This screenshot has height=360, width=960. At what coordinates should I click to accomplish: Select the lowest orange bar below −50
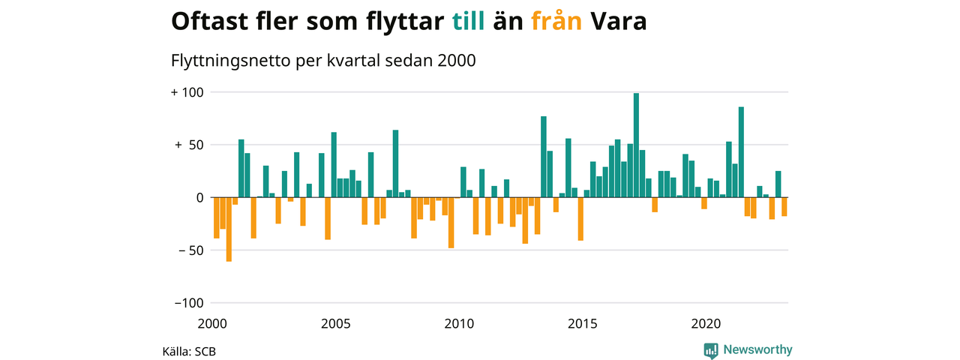(229, 229)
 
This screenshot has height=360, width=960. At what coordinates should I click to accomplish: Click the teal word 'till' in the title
(470, 22)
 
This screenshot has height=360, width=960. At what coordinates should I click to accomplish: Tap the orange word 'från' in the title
(556, 22)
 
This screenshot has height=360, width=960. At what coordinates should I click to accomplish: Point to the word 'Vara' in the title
(619, 22)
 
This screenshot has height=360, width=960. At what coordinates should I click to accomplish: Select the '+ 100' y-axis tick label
(188, 92)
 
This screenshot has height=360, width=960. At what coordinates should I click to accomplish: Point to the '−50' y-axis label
(190, 250)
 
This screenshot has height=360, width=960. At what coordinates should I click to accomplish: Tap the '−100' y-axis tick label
(188, 303)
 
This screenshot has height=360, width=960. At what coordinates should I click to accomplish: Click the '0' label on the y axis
(200, 198)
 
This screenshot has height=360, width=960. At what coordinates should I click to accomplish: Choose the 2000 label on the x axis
(212, 324)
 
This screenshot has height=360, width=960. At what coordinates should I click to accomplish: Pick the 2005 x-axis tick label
(335, 324)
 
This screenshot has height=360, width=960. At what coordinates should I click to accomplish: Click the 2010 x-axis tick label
(459, 324)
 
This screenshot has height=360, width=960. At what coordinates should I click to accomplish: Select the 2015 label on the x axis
(582, 324)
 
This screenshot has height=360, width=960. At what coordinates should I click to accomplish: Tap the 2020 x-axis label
(705, 324)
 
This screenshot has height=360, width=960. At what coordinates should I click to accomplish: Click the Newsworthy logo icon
(711, 349)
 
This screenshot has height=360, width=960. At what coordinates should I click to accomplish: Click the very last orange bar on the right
(784, 207)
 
